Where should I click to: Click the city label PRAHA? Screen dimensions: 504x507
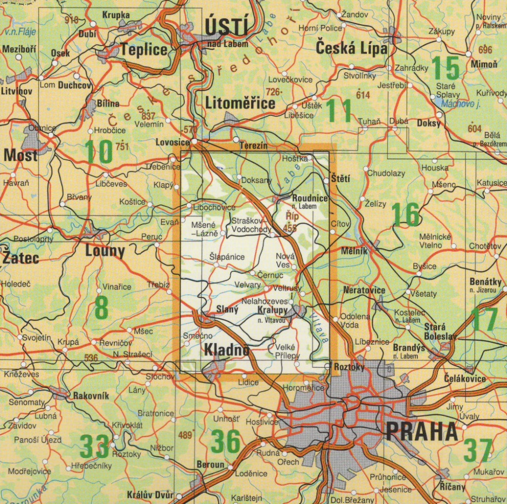coord(421,432)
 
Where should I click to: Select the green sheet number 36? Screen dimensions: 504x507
coord(225,442)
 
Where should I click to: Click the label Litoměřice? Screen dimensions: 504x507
coord(240,103)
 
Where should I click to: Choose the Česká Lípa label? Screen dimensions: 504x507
coord(352,49)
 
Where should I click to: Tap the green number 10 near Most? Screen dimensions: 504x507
coord(98,152)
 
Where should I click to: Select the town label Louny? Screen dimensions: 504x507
coord(105,251)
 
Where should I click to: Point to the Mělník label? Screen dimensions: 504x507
coord(354,251)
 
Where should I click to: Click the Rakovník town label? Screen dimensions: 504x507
coord(91,396)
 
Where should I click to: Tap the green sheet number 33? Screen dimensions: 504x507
coord(94,446)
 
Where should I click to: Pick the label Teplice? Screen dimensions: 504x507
coord(144,50)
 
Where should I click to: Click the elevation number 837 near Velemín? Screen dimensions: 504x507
coord(148,116)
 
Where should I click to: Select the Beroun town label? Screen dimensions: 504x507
coord(210,465)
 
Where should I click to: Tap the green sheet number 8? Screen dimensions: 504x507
coord(101,308)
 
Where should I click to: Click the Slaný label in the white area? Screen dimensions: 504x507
coord(228,309)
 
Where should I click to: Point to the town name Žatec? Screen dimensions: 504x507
coord(21,257)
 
